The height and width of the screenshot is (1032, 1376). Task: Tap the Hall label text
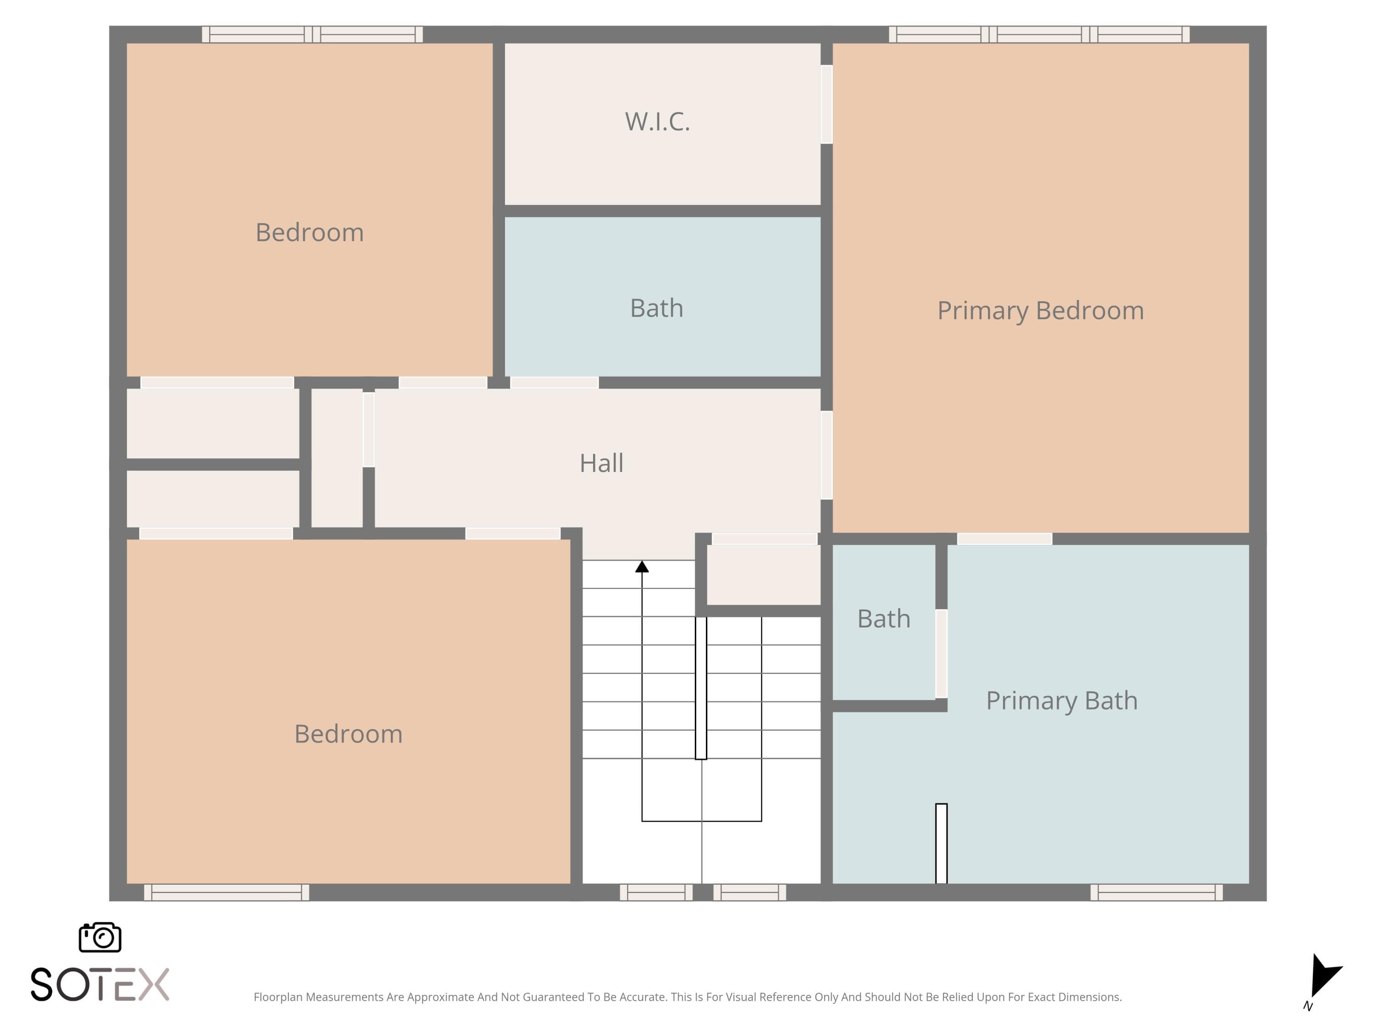tap(601, 463)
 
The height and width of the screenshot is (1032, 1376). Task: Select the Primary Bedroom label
tap(1040, 311)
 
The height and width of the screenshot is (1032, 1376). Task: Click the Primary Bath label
tap(1061, 700)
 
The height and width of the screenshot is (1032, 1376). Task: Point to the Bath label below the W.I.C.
tap(656, 308)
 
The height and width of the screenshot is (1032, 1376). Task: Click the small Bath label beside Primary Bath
tap(883, 618)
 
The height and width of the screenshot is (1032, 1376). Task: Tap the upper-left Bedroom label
tap(309, 232)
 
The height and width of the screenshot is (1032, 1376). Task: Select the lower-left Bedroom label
tap(348, 733)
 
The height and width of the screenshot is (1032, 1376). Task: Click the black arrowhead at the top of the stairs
tap(642, 566)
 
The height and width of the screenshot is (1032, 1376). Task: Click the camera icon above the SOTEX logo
tap(100, 937)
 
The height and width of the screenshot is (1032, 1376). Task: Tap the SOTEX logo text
tap(100, 984)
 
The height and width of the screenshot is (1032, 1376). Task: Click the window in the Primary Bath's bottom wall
tap(1156, 892)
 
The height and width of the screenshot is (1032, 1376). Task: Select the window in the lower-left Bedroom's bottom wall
tap(227, 892)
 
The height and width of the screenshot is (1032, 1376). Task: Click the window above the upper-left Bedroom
tap(312, 34)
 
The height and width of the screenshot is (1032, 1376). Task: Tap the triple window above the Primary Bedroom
tap(1039, 34)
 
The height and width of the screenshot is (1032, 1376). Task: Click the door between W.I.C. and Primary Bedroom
tap(827, 105)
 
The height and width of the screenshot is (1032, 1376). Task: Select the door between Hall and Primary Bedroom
tap(827, 455)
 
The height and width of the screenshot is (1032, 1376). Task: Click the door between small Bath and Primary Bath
tap(941, 653)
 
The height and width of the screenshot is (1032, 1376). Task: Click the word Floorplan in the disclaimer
tap(278, 997)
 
